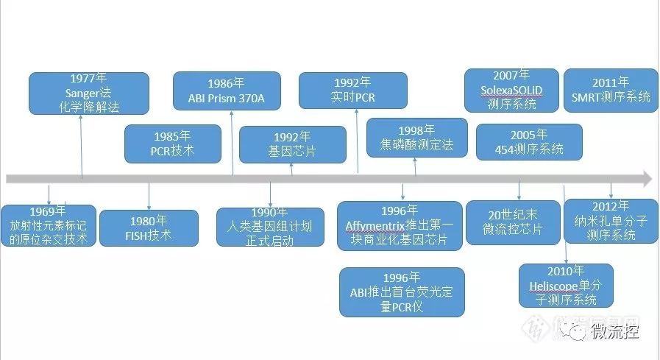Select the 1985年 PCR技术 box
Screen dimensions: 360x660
pos(173,144)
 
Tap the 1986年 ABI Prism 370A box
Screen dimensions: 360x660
pos(227,91)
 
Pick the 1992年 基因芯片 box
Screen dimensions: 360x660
pos(292,144)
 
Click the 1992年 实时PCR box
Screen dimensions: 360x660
pos(353,91)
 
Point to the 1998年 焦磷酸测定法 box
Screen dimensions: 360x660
pos(416,137)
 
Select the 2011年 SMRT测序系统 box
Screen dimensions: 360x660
pos(610,91)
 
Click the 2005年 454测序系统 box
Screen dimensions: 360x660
pos(529,142)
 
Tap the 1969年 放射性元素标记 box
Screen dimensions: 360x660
pos(49,225)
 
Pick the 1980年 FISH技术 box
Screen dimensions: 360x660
pos(149,228)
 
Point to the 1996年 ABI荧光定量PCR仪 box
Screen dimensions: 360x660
pos(402,292)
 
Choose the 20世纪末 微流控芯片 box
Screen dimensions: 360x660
pos(514,222)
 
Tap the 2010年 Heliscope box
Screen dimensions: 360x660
pos(566,286)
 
